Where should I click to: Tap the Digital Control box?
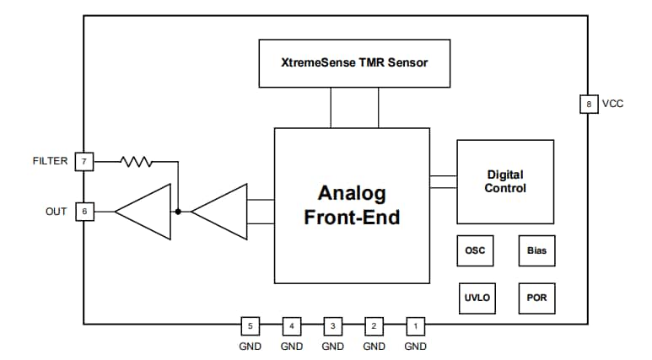coord(505,181)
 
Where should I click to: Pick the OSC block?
coord(476,250)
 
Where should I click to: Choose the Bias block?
coord(536,250)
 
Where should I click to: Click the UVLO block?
coord(476,298)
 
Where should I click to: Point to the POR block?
coord(536,298)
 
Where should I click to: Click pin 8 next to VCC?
coord(587,105)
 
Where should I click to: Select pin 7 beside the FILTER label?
coord(84,160)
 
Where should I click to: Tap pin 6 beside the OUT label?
coord(84,211)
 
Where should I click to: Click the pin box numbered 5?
coord(250,325)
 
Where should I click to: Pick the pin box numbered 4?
coord(291,325)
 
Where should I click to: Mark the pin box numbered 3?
coord(332,325)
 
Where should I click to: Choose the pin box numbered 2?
coord(374,325)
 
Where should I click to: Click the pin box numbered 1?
coord(415,325)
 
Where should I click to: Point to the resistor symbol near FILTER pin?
coord(136,160)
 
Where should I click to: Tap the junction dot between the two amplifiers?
coord(178,212)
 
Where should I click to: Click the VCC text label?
coord(613,105)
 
